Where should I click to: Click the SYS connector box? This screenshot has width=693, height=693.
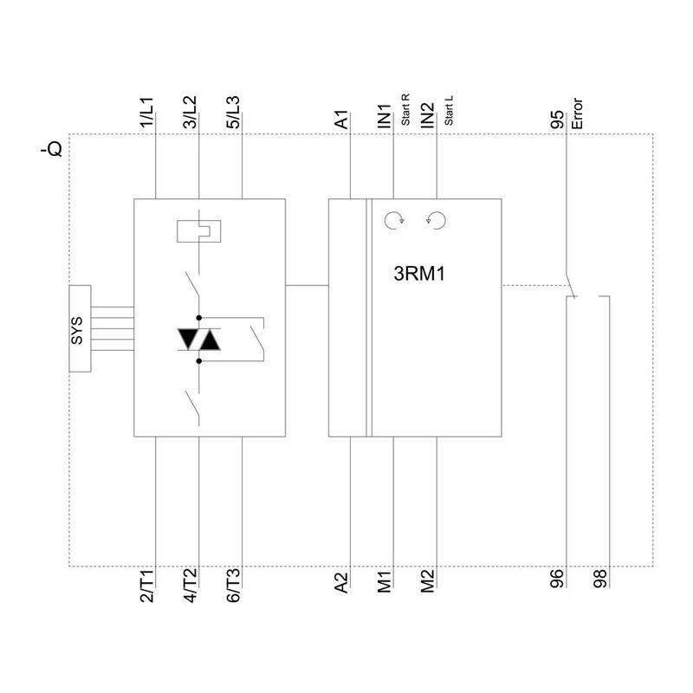pyautogui.click(x=79, y=328)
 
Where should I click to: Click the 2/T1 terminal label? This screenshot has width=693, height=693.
pyautogui.click(x=147, y=586)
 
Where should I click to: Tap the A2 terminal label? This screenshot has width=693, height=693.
pyautogui.click(x=342, y=581)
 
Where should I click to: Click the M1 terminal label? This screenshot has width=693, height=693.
pyautogui.click(x=385, y=581)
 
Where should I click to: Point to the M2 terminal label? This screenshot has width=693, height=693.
pyautogui.click(x=428, y=581)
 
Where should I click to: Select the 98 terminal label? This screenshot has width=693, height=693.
pyautogui.click(x=600, y=580)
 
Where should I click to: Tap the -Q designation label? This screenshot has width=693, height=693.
pyautogui.click(x=51, y=150)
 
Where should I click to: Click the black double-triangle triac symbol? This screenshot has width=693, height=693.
pyautogui.click(x=198, y=340)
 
